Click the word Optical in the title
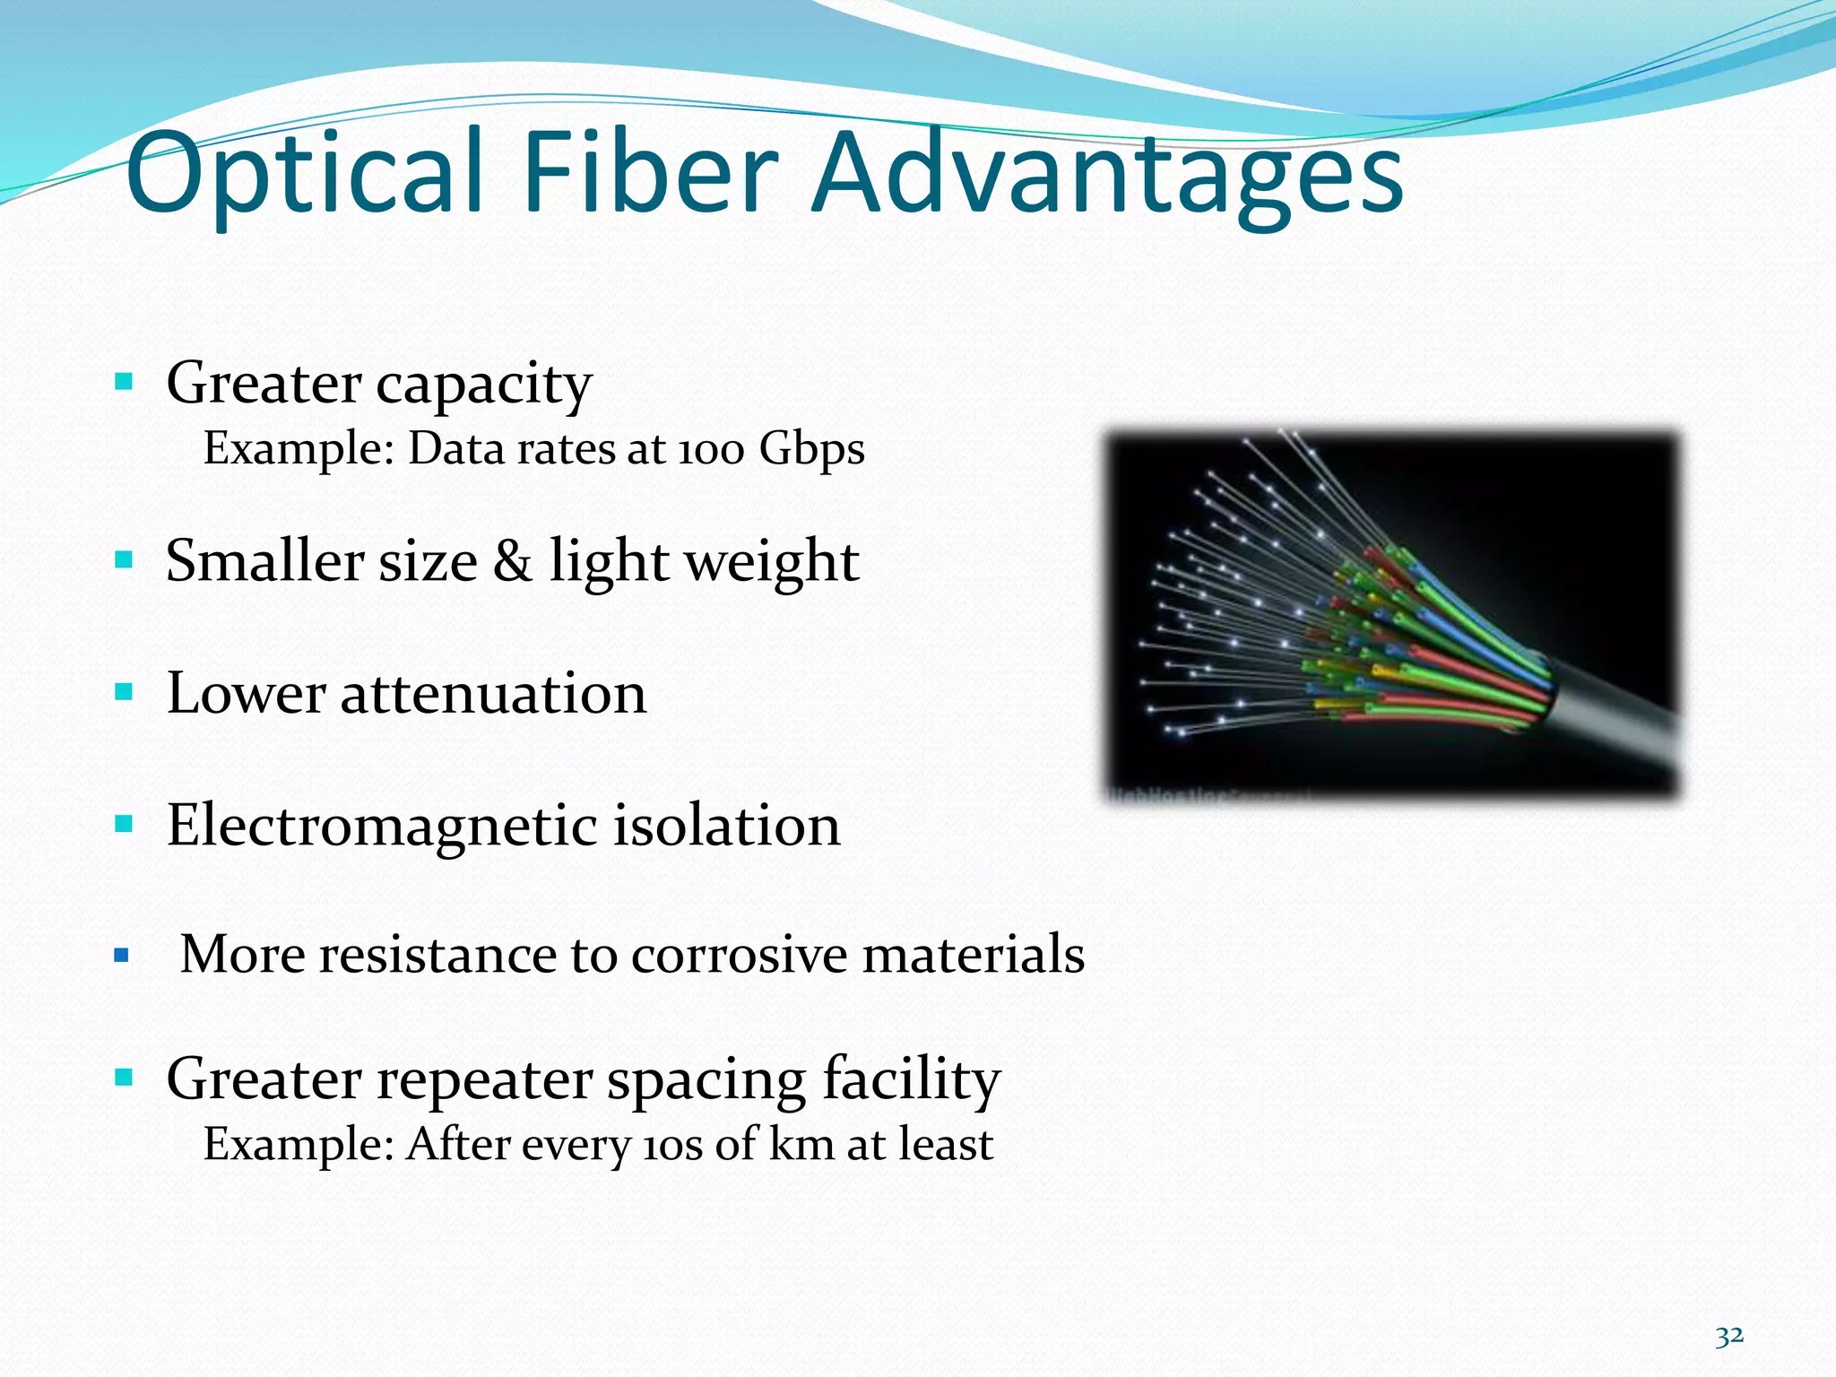[305, 175]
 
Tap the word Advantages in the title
[1107, 175]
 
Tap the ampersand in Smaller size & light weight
[512, 561]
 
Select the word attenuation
[493, 694]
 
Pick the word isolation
[726, 825]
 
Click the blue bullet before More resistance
[122, 956]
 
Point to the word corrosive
[739, 954]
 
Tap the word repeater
[484, 1081]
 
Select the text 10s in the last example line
[672, 1146]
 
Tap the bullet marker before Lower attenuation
[124, 692]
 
